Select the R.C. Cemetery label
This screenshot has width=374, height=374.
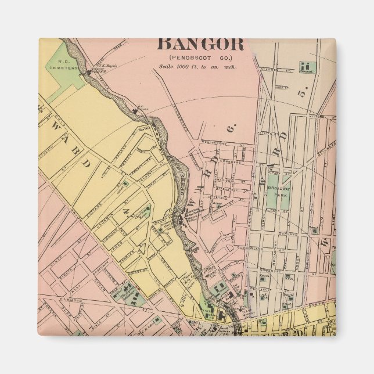60,63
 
